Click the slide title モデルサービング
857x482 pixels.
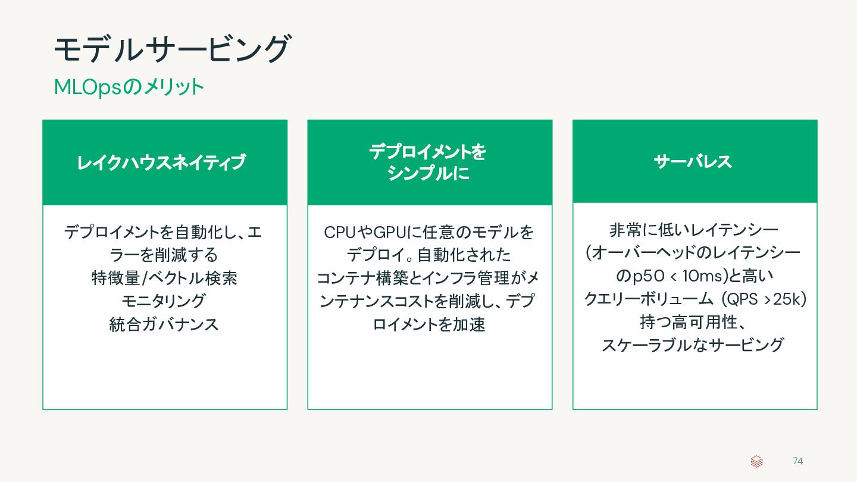click(x=172, y=49)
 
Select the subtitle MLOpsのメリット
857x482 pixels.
click(x=129, y=87)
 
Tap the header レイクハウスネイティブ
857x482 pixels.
click(x=161, y=162)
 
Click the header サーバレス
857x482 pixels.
click(x=693, y=161)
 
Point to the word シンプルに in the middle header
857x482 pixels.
click(x=428, y=173)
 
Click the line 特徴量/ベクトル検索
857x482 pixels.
click(x=164, y=278)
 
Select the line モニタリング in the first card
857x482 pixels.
click(x=164, y=301)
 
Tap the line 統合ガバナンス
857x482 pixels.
click(x=164, y=324)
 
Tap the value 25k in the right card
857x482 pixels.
click(x=786, y=299)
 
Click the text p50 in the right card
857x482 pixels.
click(x=645, y=276)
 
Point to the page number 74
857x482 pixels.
click(x=797, y=461)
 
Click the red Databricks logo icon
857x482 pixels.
click(x=756, y=461)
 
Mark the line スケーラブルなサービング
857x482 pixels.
click(x=693, y=345)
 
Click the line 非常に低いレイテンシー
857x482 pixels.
click(x=694, y=230)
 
